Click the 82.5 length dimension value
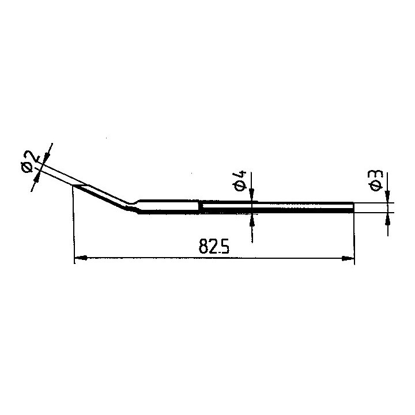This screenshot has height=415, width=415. click(x=214, y=247)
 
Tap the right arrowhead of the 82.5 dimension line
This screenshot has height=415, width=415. click(x=349, y=259)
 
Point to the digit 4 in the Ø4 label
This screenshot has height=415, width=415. click(x=242, y=173)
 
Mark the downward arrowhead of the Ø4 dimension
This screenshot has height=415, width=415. click(x=252, y=197)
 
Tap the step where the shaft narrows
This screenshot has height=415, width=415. click(x=200, y=207)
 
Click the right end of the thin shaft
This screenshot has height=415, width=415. click(x=353, y=207)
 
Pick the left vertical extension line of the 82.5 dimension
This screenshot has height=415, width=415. click(x=74, y=231)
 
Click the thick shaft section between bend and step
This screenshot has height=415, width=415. click(x=167, y=207)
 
